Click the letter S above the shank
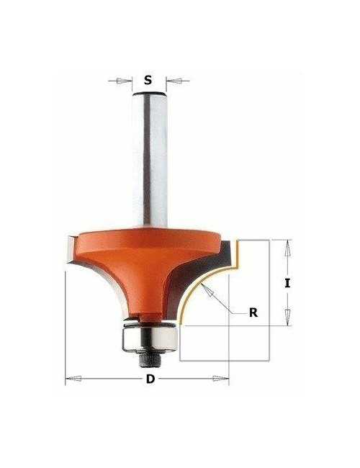148,80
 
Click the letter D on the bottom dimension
150,379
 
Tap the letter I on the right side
287,283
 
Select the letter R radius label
253,312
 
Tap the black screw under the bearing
150,360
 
